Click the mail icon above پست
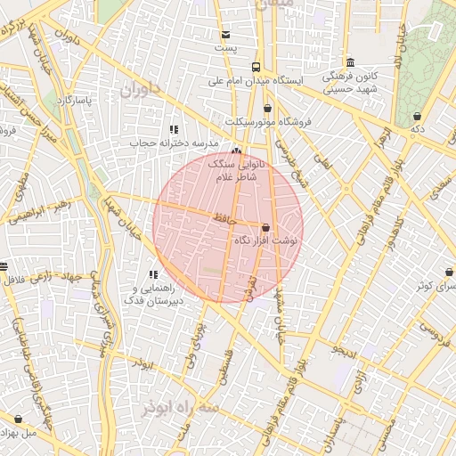click(x=225, y=36)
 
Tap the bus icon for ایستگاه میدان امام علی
click(x=256, y=67)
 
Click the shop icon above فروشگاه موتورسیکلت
click(x=267, y=108)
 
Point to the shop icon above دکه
click(x=417, y=117)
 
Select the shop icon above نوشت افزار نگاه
click(x=265, y=227)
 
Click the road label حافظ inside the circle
click(x=223, y=217)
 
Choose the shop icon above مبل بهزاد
click(x=18, y=419)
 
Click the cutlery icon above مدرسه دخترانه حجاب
click(x=173, y=130)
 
